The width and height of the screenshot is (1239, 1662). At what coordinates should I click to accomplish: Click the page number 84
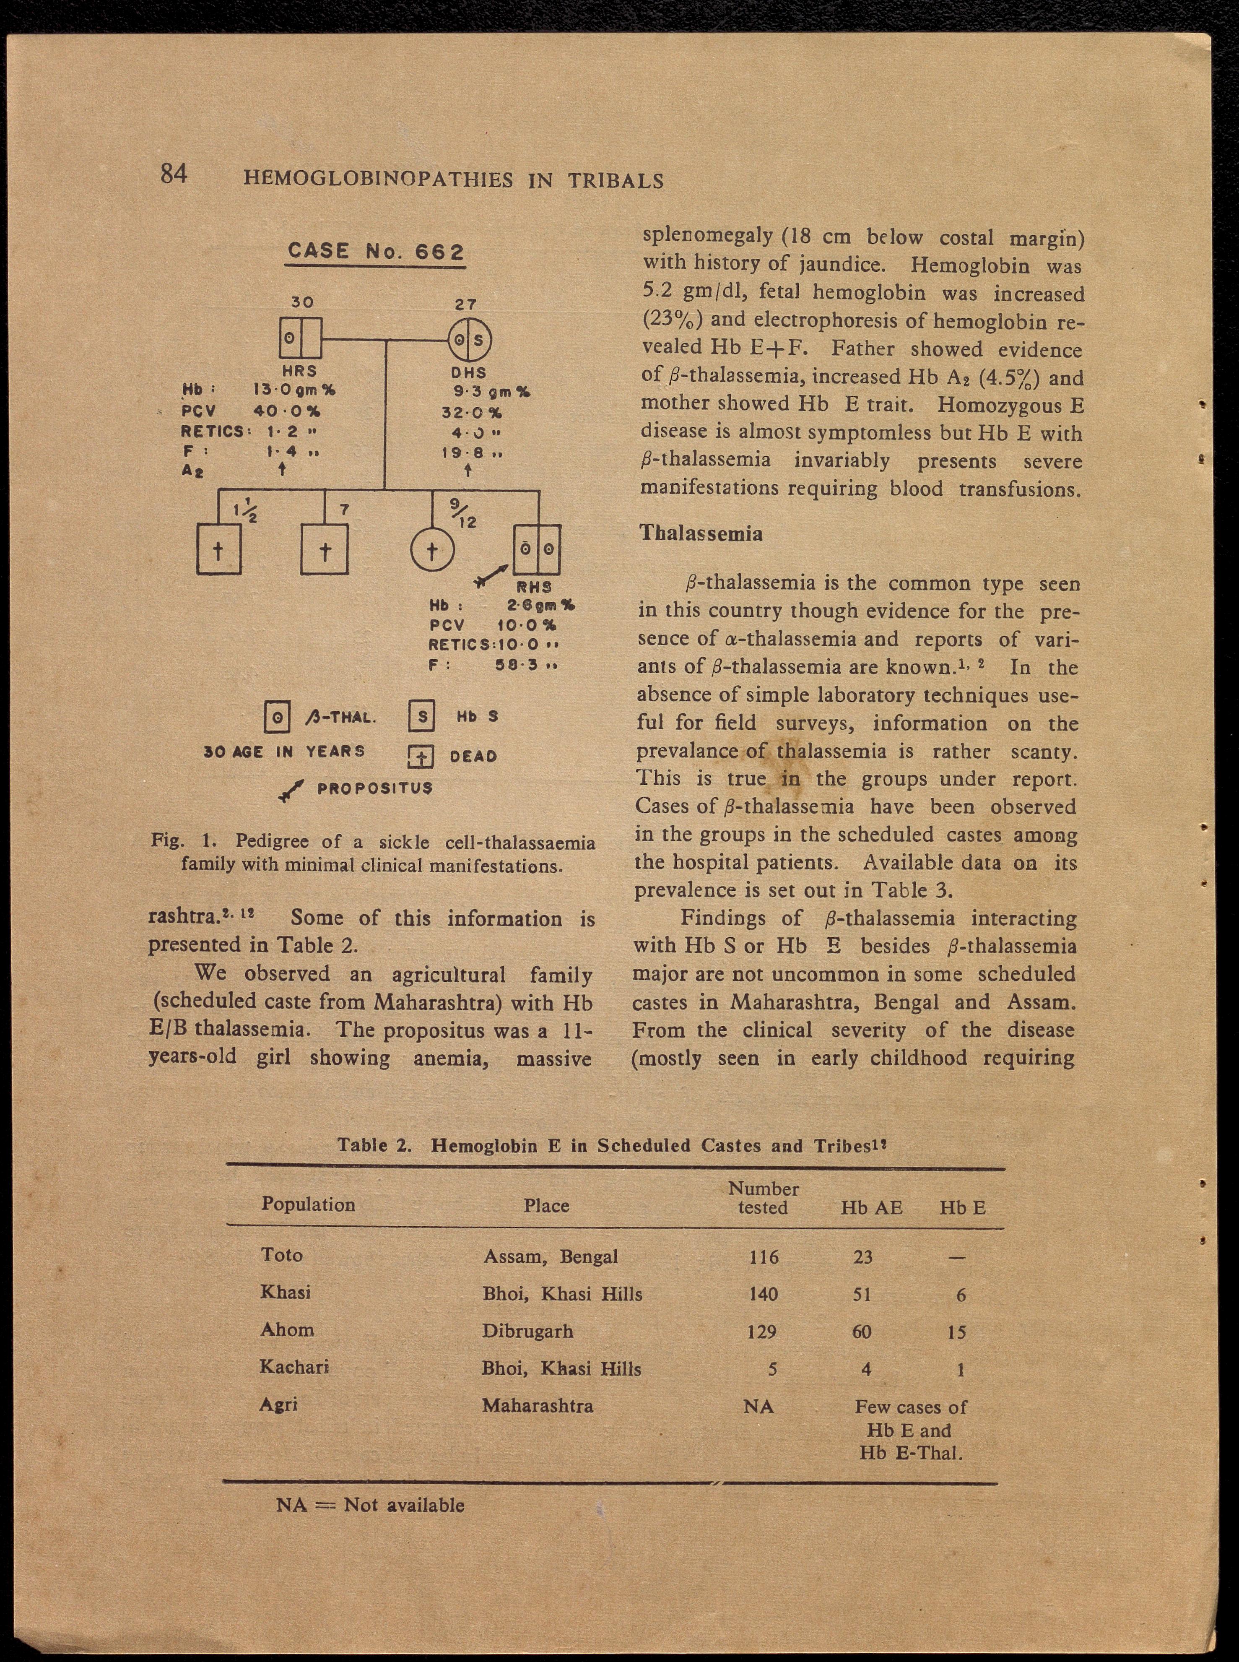tap(173, 174)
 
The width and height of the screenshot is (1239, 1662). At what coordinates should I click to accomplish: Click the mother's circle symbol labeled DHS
tap(470, 341)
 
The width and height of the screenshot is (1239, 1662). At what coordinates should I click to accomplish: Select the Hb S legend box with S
tap(421, 716)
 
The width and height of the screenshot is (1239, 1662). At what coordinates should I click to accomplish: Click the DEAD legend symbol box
tap(421, 757)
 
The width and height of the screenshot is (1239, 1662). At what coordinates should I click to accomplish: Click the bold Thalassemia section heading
tap(701, 533)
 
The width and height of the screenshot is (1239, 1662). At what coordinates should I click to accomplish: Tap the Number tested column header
tap(763, 1198)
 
